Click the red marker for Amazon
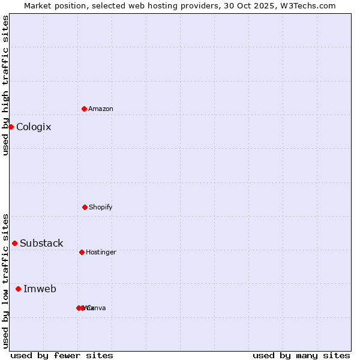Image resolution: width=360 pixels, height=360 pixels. pyautogui.click(x=84, y=109)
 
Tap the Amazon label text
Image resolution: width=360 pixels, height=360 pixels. pyautogui.click(x=101, y=109)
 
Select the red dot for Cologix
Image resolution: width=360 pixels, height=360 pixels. pyautogui.click(x=11, y=127)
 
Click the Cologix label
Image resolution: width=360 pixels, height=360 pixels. pyautogui.click(x=34, y=127)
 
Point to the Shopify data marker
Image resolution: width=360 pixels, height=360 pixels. pyautogui.click(x=85, y=207)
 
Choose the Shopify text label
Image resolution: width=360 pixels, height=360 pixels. pyautogui.click(x=101, y=208)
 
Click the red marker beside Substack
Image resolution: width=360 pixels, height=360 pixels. pyautogui.click(x=14, y=243)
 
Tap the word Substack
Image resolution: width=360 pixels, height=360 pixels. pyautogui.click(x=41, y=244)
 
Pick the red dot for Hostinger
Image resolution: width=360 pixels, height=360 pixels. pyautogui.click(x=82, y=252)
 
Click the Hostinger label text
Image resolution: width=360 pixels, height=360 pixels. pyautogui.click(x=101, y=253)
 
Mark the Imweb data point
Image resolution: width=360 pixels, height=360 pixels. pyautogui.click(x=18, y=289)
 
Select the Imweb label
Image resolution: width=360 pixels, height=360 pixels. pyautogui.click(x=40, y=289)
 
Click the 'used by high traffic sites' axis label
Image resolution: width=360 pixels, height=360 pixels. pyautogui.click(x=5, y=85)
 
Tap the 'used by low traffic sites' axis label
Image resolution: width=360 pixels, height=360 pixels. pyautogui.click(x=5, y=280)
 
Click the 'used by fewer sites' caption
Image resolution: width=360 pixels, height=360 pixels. pyautogui.click(x=62, y=355)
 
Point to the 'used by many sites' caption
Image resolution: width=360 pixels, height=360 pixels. pyautogui.click(x=301, y=355)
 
